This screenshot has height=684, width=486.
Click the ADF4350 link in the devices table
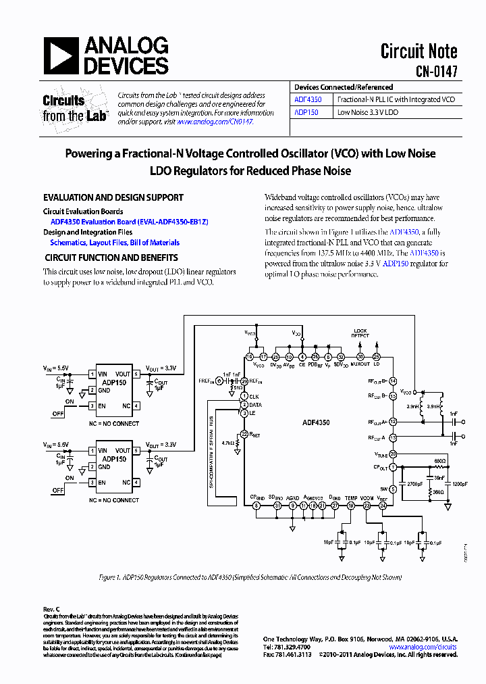tap(308, 99)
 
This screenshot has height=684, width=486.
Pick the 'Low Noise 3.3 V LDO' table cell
tap(368, 112)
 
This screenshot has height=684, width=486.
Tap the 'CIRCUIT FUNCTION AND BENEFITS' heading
tap(111, 258)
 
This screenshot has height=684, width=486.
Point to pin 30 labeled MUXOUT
tap(360, 357)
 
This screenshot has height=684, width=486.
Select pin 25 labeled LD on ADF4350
tap(377, 357)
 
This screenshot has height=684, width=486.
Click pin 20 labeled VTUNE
tap(393, 454)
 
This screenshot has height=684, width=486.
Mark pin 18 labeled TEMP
tap(350, 505)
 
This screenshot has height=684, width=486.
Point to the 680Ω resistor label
tap(439, 461)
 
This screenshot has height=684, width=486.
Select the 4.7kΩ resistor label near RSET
tap(230, 443)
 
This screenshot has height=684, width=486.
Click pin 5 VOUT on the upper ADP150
tap(136, 374)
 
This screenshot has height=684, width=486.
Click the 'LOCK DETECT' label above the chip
tap(360, 333)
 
